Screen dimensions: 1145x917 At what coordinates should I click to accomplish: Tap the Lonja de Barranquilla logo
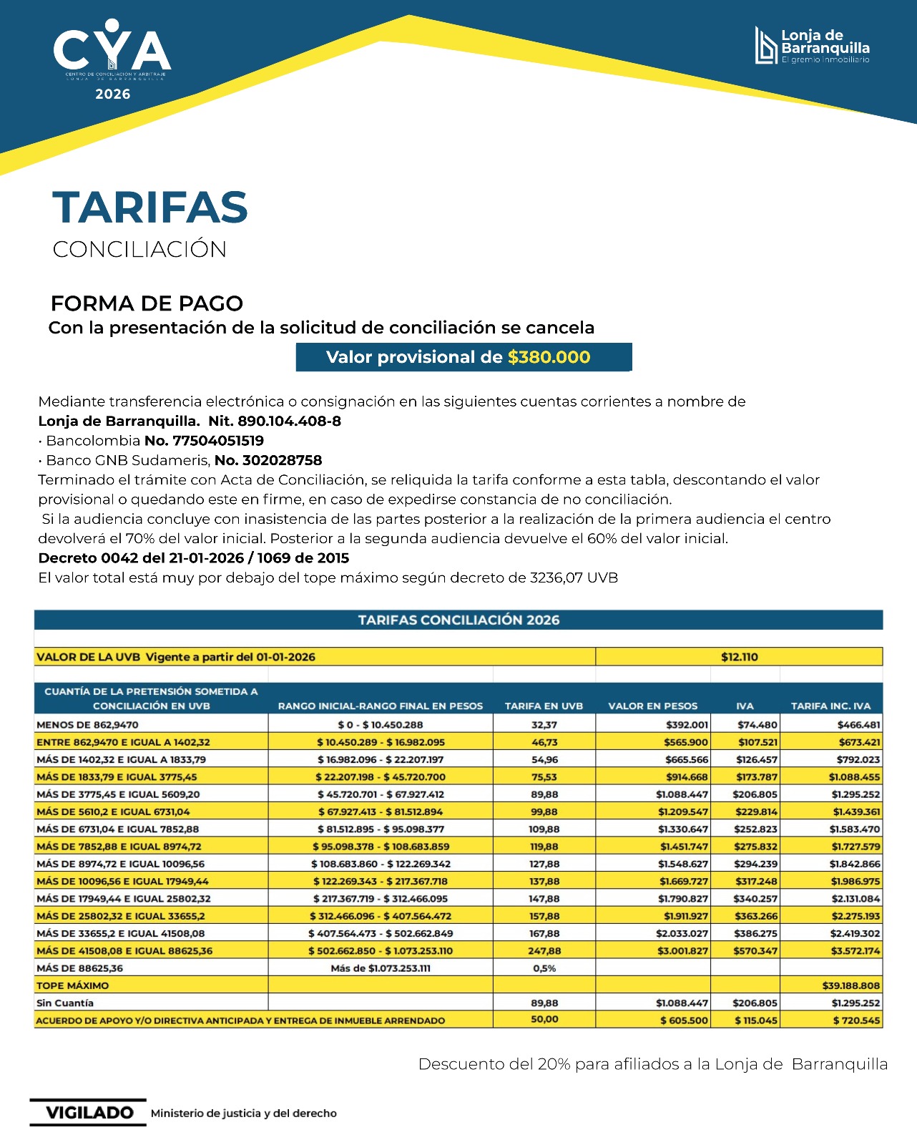[813, 46]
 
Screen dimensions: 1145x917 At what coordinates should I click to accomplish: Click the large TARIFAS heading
[150, 208]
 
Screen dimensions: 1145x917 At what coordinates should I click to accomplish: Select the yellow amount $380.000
[549, 357]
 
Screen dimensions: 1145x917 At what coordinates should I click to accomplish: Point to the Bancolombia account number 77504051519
[218, 441]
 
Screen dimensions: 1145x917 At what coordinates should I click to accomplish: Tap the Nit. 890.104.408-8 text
[275, 421]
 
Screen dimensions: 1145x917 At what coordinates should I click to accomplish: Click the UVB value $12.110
[739, 657]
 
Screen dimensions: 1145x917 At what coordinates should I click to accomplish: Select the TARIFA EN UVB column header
[544, 706]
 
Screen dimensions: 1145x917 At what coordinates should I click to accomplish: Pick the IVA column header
[745, 706]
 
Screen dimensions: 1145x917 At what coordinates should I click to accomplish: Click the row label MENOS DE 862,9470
[88, 725]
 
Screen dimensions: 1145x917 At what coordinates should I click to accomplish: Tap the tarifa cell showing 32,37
[544, 725]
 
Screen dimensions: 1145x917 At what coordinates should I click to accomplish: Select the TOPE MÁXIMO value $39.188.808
[850, 985]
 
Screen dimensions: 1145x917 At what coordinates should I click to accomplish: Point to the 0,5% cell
[544, 968]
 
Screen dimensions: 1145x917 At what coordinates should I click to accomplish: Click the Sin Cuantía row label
[65, 1003]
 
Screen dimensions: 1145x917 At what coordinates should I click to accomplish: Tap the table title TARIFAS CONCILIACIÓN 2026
[458, 620]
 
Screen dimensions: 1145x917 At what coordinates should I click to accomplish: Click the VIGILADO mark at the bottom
[89, 1113]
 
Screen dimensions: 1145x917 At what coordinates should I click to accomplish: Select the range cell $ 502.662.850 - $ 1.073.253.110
[381, 951]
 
